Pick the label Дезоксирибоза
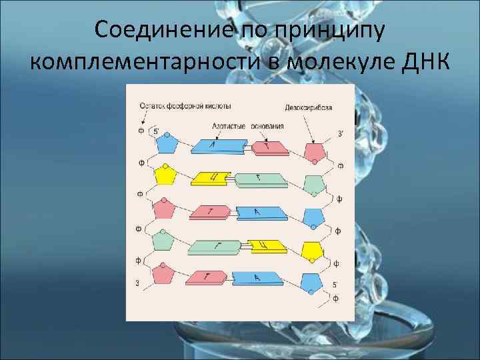click(307, 106)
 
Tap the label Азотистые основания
click(247, 125)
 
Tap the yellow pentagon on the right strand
click(312, 251)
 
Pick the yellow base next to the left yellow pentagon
click(209, 178)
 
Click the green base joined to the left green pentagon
click(215, 248)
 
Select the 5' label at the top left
click(155, 131)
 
